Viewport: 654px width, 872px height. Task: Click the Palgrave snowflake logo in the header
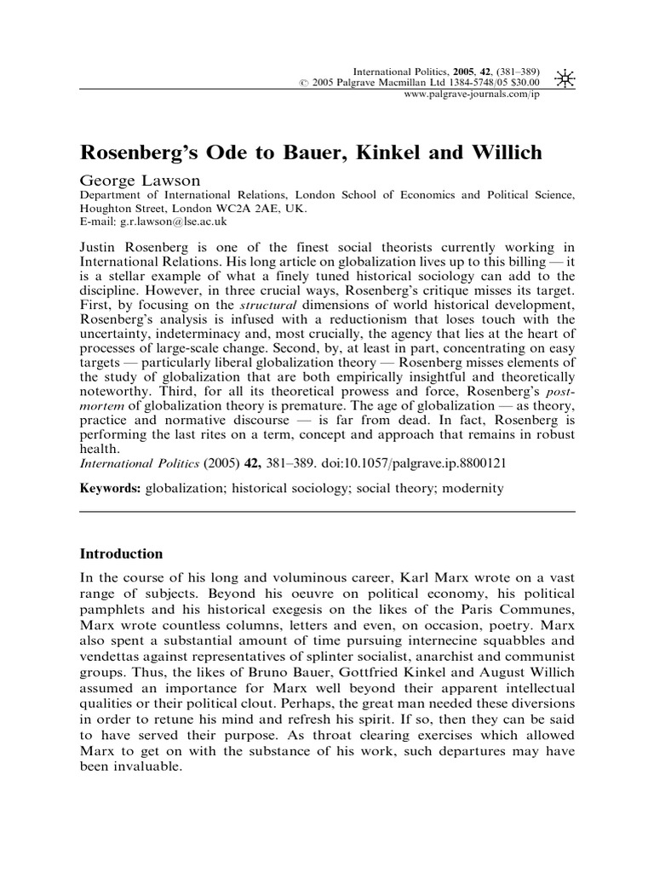(564, 79)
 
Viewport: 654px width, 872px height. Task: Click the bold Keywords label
(111, 489)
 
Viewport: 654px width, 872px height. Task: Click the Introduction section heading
(121, 553)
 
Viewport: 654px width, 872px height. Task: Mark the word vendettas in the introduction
(115, 657)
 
